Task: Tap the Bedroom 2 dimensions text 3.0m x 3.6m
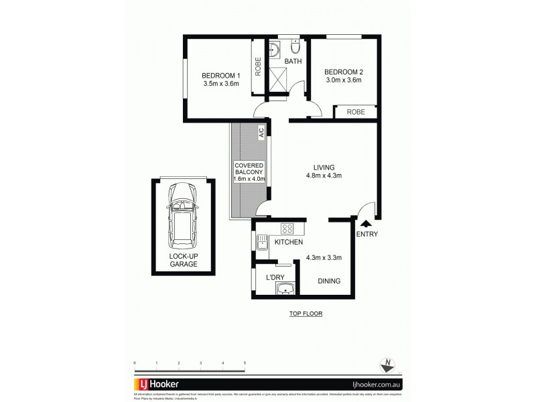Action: (343, 80)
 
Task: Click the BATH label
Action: (293, 62)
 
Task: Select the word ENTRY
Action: (367, 234)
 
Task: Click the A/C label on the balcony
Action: (261, 133)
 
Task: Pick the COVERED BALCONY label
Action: (249, 172)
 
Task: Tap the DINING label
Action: (328, 281)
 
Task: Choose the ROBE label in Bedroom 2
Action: (355, 113)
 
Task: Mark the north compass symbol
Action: (387, 364)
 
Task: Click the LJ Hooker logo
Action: (155, 384)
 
